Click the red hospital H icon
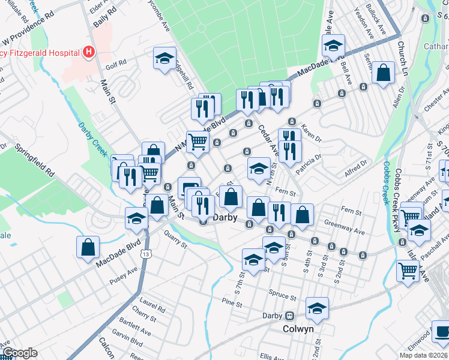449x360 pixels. point(89,52)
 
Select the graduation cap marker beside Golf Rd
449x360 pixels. point(164,58)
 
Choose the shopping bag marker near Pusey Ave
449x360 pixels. point(88,247)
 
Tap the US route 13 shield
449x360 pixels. point(146,254)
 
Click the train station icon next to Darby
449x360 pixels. point(289,316)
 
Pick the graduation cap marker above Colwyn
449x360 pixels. point(316,308)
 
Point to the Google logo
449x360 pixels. point(20,353)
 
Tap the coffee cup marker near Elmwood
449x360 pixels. point(441,331)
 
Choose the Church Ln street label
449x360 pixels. point(404,59)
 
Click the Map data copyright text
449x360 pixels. point(423,355)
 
